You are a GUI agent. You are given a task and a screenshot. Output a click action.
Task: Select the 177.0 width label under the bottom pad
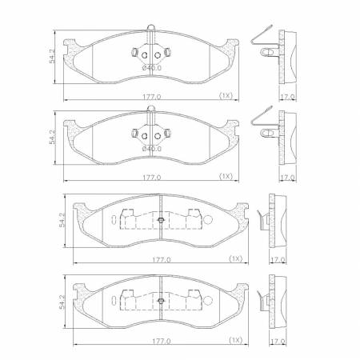pyautogui.click(x=162, y=341)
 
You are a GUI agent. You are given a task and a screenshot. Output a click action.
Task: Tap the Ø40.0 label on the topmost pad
pyautogui.click(x=152, y=67)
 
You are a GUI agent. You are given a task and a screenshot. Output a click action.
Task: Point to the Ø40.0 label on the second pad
pyautogui.click(x=152, y=149)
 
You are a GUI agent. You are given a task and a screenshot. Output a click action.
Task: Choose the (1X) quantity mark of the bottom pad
pyautogui.click(x=236, y=341)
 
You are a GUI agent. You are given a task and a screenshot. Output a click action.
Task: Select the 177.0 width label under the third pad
pyautogui.click(x=162, y=259)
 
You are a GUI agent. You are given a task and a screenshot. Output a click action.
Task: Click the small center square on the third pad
pyautogui.click(x=162, y=221)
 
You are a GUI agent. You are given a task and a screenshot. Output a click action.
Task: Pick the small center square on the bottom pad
pyautogui.click(x=162, y=302)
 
